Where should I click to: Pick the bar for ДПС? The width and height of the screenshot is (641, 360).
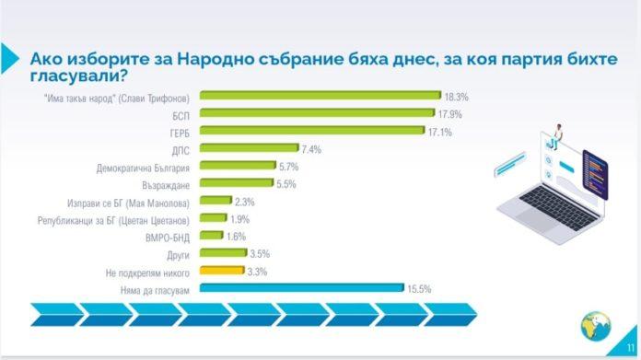248,148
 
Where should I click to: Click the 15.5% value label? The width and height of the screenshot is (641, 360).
419,288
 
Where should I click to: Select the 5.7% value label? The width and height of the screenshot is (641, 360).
289,166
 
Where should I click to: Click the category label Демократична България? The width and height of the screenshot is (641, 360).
143,167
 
